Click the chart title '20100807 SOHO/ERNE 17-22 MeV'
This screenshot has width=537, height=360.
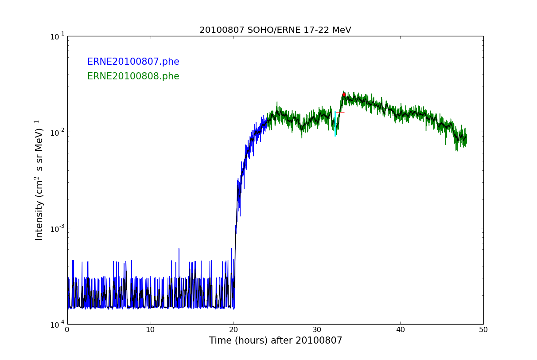[x=275, y=30]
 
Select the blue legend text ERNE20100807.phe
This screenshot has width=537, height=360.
[x=133, y=62]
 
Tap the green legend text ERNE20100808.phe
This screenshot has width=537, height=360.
[x=133, y=77]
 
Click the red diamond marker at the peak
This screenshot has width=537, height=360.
[x=344, y=94]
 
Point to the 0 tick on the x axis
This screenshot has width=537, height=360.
[x=67, y=330]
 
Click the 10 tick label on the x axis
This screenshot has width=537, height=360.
[x=151, y=330]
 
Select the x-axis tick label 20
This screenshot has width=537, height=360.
[x=234, y=330]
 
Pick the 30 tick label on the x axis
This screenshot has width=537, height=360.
[x=317, y=330]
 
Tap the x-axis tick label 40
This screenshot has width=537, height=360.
[x=400, y=330]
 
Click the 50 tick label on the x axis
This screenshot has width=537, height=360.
[x=483, y=330]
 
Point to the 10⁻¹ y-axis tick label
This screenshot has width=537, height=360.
[x=56, y=36]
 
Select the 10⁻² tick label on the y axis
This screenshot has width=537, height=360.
[x=56, y=132]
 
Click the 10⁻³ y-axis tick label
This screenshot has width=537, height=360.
[x=56, y=228]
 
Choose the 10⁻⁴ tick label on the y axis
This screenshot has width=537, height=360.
[x=56, y=324]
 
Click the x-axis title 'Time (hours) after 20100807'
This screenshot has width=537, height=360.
[x=276, y=341]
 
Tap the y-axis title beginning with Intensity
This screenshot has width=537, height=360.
[x=39, y=180]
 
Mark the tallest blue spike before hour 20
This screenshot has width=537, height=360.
[x=179, y=250]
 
